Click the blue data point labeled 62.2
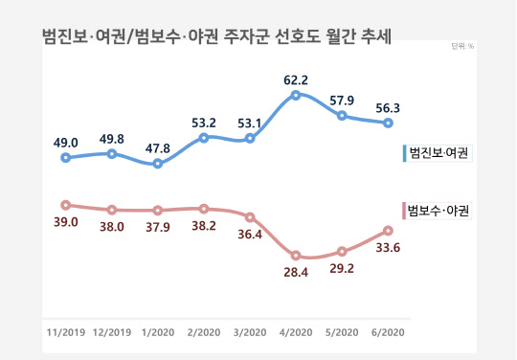click(x=296, y=95)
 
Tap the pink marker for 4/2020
click(x=296, y=256)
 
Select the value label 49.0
click(x=65, y=142)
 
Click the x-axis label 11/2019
click(x=65, y=332)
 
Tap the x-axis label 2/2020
click(x=204, y=332)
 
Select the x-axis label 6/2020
click(x=388, y=332)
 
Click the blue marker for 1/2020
click(x=158, y=164)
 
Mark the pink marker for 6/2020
click(x=388, y=231)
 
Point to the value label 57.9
click(x=342, y=99)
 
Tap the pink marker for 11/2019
click(x=65, y=205)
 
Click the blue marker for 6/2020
click(x=388, y=123)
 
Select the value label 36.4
click(x=250, y=236)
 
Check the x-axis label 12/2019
click(x=112, y=332)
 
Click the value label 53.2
click(x=204, y=122)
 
